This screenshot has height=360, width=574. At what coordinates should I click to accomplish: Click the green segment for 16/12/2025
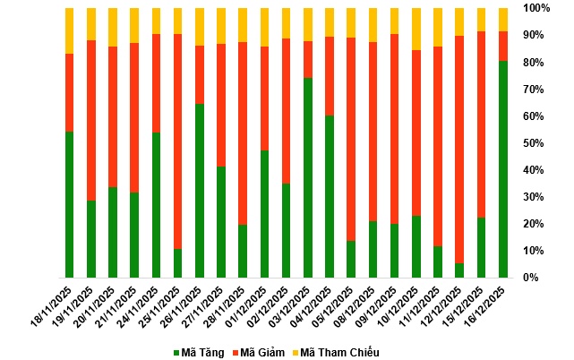tap(503, 169)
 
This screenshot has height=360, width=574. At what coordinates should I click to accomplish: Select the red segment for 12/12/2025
tap(459, 149)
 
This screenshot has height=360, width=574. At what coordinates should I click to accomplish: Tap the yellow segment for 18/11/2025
tap(70, 30)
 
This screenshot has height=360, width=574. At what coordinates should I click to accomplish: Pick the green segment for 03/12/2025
tap(308, 177)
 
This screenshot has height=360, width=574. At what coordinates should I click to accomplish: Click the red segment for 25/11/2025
tap(178, 141)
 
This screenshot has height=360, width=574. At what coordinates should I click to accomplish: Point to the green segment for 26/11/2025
tap(200, 191)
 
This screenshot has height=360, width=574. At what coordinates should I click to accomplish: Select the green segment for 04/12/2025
tap(330, 196)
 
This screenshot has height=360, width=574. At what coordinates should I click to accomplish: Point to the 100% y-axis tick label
tap(536, 8)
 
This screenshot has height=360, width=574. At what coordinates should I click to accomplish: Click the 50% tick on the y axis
tap(534, 143)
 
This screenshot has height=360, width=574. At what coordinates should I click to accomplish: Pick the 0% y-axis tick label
tap(531, 278)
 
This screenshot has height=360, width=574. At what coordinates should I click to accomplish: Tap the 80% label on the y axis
tap(534, 62)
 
